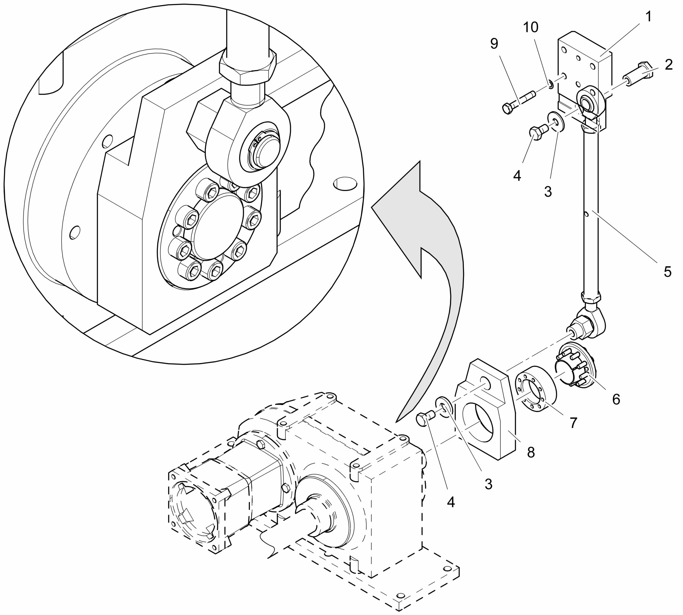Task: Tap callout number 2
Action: (668, 65)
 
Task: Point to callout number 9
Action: (494, 43)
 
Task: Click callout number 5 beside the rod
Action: (667, 271)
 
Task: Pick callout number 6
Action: (616, 399)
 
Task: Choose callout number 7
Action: (573, 422)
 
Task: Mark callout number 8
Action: (531, 452)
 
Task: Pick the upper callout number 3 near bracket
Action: (548, 191)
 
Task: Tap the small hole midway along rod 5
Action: (587, 214)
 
